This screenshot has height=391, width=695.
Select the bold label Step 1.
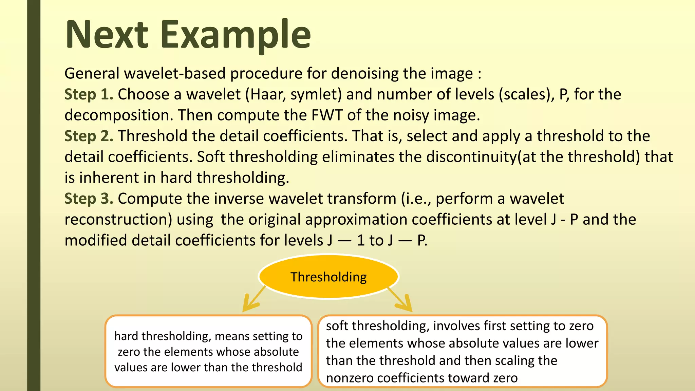(x=89, y=94)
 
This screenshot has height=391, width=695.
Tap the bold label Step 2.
(x=89, y=136)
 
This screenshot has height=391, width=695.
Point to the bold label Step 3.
(x=89, y=199)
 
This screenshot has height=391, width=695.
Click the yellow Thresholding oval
(x=328, y=277)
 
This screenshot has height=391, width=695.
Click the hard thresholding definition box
(x=208, y=352)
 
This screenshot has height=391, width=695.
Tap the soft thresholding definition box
(x=462, y=352)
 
